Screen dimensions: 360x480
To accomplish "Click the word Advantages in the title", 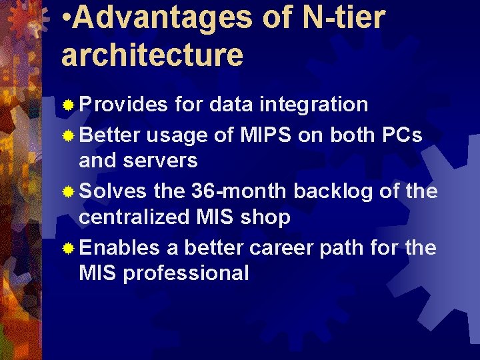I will point(164,18).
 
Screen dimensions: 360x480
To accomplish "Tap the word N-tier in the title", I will point(344,18).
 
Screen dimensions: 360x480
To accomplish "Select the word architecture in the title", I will point(152,55).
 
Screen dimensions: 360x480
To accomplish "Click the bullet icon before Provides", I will point(67,105).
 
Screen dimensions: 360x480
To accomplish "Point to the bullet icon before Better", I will point(67,136).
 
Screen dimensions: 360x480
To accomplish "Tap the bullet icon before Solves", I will point(67,193).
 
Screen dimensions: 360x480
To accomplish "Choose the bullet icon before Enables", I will point(67,249).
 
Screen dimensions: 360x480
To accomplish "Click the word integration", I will point(313,105).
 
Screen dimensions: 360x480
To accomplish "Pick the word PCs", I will point(402,135).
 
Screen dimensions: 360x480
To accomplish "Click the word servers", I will point(165,161).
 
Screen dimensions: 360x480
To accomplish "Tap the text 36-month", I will point(239,191).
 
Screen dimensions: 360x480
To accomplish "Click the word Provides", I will point(123,105).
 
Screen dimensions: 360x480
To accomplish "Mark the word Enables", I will point(119,248).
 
